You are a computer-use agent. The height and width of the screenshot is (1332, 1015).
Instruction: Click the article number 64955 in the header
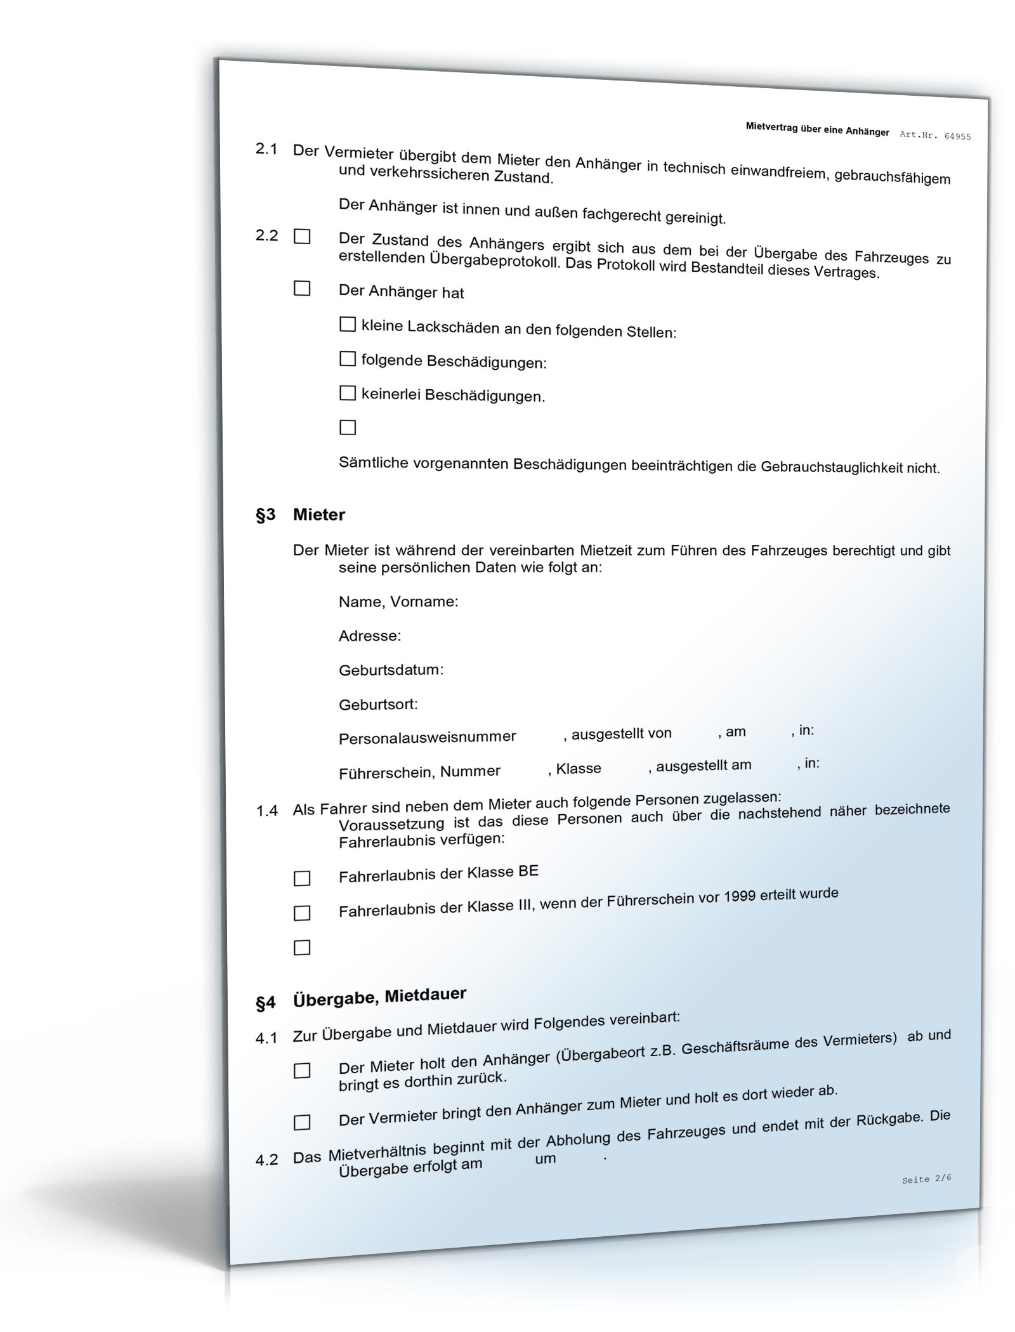tap(957, 136)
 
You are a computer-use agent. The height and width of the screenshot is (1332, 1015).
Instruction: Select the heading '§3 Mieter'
tap(300, 514)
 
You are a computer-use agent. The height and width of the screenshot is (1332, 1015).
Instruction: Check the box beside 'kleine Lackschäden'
tap(348, 325)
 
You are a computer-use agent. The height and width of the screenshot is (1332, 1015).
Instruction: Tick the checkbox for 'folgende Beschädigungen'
tap(348, 359)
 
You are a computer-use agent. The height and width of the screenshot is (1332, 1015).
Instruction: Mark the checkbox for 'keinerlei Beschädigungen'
tap(348, 393)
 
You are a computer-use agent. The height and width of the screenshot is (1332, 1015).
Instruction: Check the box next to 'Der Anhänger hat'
tap(302, 289)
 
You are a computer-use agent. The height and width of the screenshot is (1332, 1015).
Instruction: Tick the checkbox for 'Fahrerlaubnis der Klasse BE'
tap(302, 878)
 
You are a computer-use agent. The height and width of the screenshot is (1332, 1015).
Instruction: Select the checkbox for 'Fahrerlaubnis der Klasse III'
tap(302, 913)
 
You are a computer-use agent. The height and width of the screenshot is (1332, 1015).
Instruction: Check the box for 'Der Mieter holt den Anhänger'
tap(302, 1071)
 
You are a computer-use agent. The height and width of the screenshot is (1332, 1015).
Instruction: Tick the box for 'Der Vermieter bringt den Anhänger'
tap(302, 1123)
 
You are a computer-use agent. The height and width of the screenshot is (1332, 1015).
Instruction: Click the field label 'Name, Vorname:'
tap(398, 601)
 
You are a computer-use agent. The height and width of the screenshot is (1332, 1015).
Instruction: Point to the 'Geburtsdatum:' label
tap(391, 670)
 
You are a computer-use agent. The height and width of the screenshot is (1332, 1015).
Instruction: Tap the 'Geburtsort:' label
tap(378, 704)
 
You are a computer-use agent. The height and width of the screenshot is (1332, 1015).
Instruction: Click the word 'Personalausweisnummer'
tap(427, 738)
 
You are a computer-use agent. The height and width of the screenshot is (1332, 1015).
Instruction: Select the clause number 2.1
tap(266, 149)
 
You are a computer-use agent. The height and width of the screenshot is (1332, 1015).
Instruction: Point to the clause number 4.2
tap(266, 1160)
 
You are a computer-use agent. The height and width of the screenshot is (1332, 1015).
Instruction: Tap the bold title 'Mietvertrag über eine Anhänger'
tap(817, 129)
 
